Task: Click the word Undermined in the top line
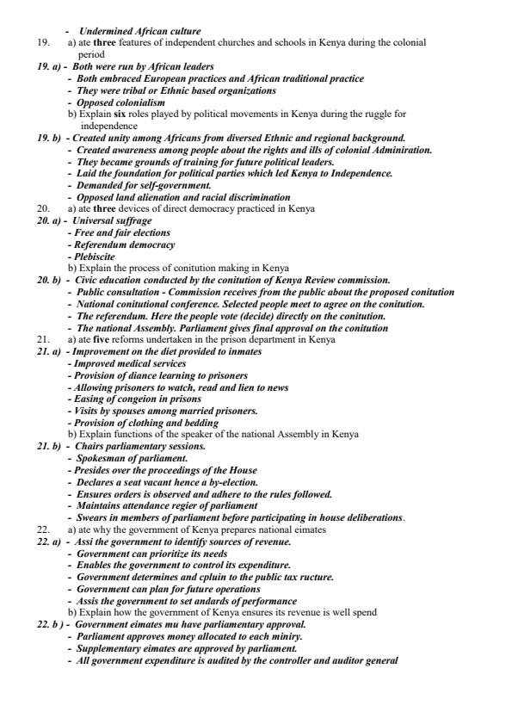[x=104, y=32]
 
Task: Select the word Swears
[x=93, y=517]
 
